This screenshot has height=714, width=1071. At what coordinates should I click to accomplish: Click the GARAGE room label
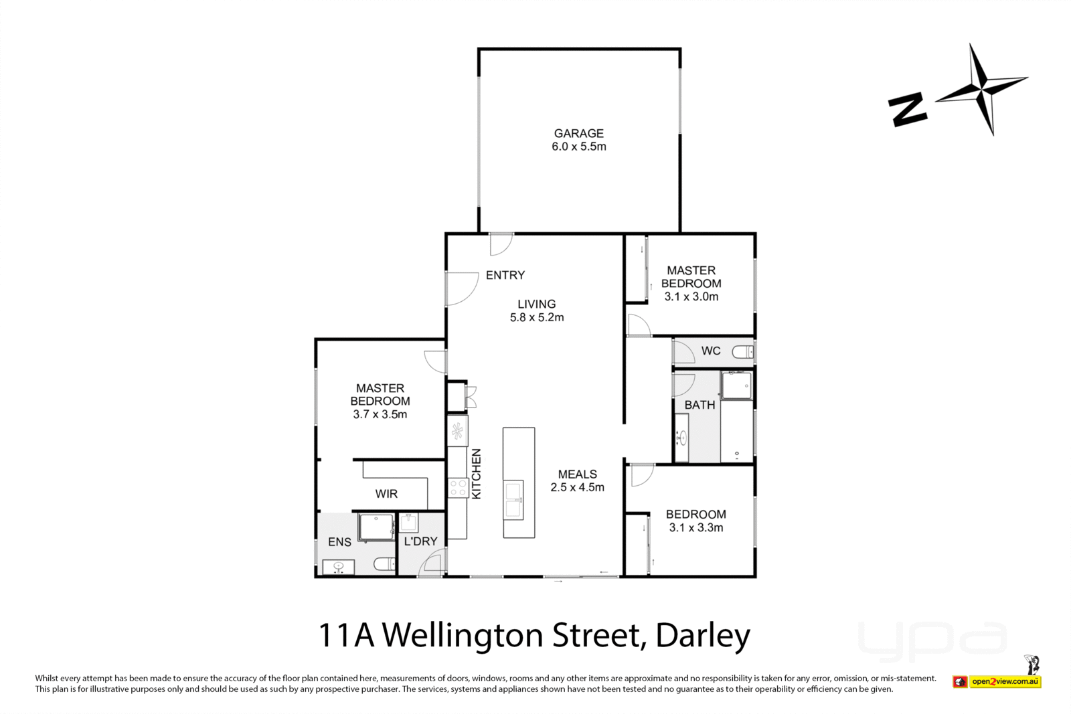tap(578, 133)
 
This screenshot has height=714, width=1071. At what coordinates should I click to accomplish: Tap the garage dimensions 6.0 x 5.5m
tap(578, 147)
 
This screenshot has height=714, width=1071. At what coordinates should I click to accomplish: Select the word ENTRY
tap(505, 275)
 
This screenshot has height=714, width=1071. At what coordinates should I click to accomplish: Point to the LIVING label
tap(536, 304)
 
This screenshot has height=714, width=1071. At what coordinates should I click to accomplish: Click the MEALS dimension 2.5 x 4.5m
tap(577, 487)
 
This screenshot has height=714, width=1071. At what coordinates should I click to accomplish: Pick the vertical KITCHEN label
tap(477, 474)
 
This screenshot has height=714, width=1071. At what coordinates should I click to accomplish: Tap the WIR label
tap(386, 494)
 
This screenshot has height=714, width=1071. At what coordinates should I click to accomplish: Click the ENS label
tap(339, 542)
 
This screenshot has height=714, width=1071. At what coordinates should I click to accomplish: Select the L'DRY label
tap(420, 541)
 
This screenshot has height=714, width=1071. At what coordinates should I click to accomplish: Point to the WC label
tap(711, 351)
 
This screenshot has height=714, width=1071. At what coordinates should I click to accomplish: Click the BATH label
tap(699, 405)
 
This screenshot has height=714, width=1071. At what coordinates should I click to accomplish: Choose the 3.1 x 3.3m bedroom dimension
tap(696, 527)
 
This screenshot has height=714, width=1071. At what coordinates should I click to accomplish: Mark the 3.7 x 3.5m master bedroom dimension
tap(380, 414)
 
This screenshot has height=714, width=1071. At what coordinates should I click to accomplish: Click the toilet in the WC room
tap(742, 351)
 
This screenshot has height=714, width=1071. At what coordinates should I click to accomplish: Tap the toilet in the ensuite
tap(385, 564)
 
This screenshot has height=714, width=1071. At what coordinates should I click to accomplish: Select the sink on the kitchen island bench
tap(514, 500)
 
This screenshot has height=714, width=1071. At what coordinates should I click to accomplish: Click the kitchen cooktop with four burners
tap(458, 488)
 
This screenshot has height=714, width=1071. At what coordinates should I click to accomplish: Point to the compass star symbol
tap(981, 88)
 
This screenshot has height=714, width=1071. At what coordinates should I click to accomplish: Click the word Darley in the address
tap(703, 635)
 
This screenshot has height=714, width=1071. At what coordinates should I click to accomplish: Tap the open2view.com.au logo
tap(1004, 682)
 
